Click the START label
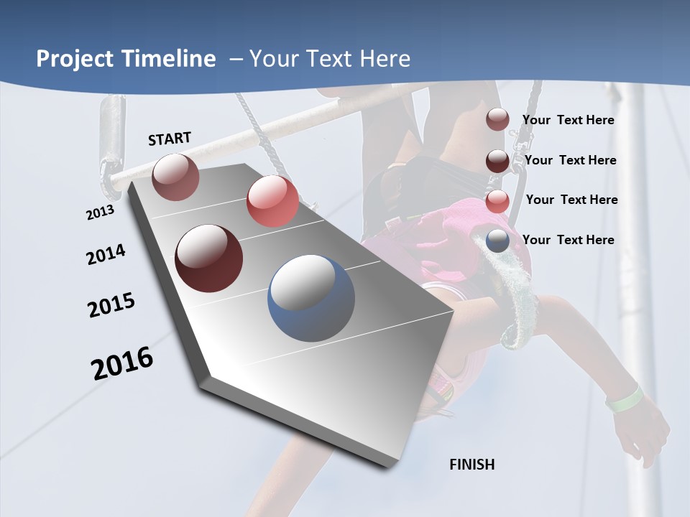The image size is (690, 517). pyautogui.click(x=170, y=138)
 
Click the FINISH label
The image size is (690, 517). pyautogui.click(x=472, y=464)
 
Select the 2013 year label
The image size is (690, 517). pyautogui.click(x=100, y=213)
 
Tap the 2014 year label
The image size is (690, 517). pyautogui.click(x=106, y=255)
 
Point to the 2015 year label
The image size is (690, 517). pyautogui.click(x=111, y=305)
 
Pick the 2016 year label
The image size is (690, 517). pyautogui.click(x=122, y=363)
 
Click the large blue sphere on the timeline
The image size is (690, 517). pyautogui.click(x=311, y=298)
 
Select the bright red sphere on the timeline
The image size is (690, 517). pyautogui.click(x=272, y=201)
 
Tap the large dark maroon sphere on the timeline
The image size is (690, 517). pyautogui.click(x=208, y=258)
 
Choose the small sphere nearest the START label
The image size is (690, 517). pyautogui.click(x=175, y=177)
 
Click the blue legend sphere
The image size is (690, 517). pyautogui.click(x=497, y=241)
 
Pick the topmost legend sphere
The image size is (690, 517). pyautogui.click(x=497, y=120)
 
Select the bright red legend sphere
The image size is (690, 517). pyautogui.click(x=497, y=201)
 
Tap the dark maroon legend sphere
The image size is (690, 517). pyautogui.click(x=497, y=161)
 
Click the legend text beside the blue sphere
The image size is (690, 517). pyautogui.click(x=568, y=240)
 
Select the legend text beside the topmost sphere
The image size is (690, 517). pyautogui.click(x=568, y=120)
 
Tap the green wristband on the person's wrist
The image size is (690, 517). pyautogui.click(x=624, y=399)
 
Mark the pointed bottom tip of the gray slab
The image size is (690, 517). pyautogui.click(x=389, y=467)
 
